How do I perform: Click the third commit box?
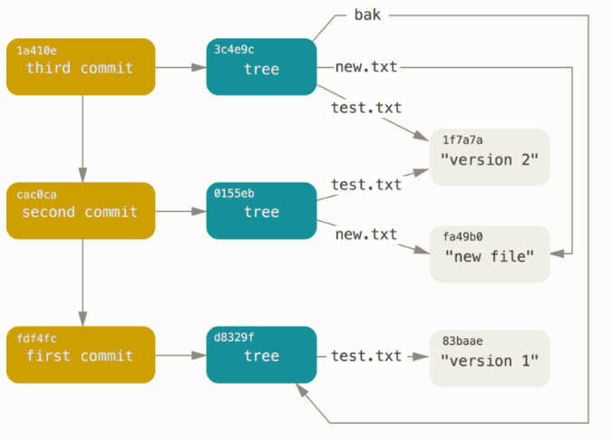pyautogui.click(x=81, y=67)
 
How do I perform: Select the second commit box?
pyautogui.click(x=81, y=211)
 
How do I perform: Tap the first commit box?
pyautogui.click(x=81, y=355)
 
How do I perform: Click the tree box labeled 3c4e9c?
pyautogui.click(x=261, y=67)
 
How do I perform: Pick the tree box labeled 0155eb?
pyautogui.click(x=261, y=211)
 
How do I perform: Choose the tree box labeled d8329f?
pyautogui.click(x=261, y=355)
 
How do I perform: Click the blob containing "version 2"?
pyautogui.click(x=490, y=158)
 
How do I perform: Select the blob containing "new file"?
pyautogui.click(x=490, y=253)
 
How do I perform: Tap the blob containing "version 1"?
pyautogui.click(x=490, y=359)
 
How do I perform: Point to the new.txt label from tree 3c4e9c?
pyautogui.click(x=365, y=67)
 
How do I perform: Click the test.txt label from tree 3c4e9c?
pyautogui.click(x=365, y=107)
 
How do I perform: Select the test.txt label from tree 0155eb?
pyautogui.click(x=365, y=185)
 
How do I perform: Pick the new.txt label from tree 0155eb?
pyautogui.click(x=365, y=234)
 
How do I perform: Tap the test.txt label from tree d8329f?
pyautogui.click(x=365, y=356)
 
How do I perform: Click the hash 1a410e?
pyautogui.click(x=36, y=49)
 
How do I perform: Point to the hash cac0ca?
pyautogui.click(x=36, y=194)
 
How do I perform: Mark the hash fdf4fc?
pyautogui.click(x=36, y=338)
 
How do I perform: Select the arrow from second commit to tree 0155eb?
pyautogui.click(x=180, y=212)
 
